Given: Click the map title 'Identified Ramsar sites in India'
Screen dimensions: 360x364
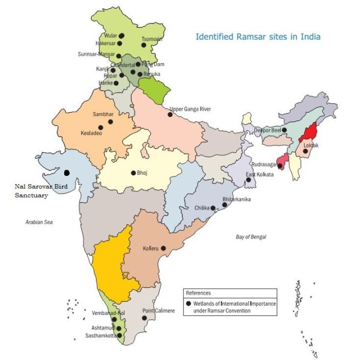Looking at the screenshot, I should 258,37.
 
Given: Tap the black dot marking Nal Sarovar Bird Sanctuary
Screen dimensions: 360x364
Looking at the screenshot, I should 66,173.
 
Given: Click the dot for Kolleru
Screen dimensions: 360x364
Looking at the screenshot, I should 163,248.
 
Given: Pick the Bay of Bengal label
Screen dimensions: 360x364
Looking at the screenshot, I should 250,237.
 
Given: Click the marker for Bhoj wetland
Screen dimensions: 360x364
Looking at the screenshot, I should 133,173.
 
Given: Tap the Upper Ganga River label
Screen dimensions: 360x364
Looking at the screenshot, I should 191,109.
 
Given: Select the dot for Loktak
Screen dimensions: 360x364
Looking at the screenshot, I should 305,151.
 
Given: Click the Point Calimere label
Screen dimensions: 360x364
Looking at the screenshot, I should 159,311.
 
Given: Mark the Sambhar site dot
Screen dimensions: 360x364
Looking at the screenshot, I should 110,121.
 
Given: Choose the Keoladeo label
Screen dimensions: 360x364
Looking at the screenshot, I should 92,134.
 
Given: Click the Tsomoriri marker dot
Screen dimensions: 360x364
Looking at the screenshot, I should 143,45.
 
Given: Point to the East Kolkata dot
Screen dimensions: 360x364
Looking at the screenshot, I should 248,180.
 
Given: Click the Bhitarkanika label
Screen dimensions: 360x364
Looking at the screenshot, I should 237,200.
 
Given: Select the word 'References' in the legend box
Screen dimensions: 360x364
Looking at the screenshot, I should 198,293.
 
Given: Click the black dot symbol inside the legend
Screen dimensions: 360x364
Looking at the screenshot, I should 189,303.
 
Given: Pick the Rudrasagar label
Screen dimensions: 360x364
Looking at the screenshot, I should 264,164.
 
